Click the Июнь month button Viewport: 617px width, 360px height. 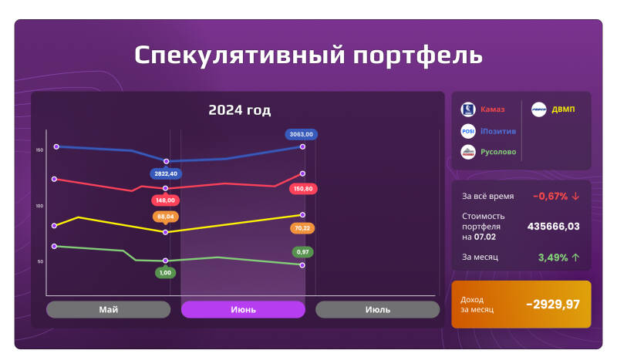pos(243,309)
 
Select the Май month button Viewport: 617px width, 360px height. pos(108,309)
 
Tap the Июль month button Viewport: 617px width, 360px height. pos(377,309)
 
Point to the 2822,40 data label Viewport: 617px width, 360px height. pos(166,174)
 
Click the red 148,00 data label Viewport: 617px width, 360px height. pos(165,200)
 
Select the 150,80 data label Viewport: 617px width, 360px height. pos(302,188)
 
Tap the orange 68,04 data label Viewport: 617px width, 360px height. pos(166,217)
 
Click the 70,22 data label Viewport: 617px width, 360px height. pos(302,228)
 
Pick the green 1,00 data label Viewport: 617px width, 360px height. pos(165,272)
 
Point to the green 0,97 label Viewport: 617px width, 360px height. pos(302,252)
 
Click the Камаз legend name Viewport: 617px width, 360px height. pos(493,109)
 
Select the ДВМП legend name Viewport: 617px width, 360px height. pos(563,109)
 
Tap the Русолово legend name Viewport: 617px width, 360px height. pos(498,152)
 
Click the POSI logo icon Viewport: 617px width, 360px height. pos(467,131)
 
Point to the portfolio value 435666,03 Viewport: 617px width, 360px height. pos(553,227)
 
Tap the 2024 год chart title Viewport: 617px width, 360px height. pos(239,110)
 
